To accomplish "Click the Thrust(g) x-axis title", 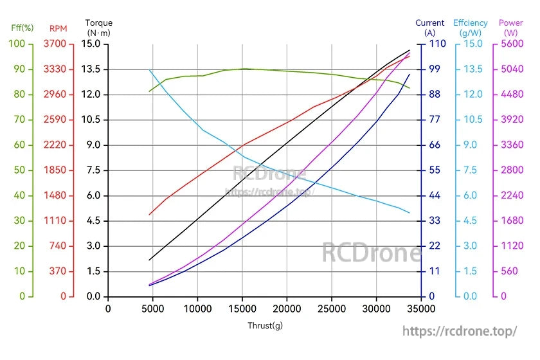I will (x=265, y=325).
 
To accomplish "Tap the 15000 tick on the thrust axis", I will (x=242, y=308).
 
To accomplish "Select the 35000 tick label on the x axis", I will (x=420, y=308).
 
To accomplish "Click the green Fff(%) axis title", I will (x=22, y=28).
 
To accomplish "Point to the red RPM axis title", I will (x=59, y=28).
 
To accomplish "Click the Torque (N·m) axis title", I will (x=99, y=28).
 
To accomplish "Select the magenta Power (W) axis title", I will (x=511, y=28).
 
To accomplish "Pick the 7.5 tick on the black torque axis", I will (x=93, y=170).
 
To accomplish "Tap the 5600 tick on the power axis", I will (x=509, y=44).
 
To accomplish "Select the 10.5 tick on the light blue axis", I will (x=473, y=120).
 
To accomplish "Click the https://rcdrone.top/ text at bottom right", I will (x=460, y=331).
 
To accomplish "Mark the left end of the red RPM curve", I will (x=149, y=215).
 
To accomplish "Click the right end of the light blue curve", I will (x=410, y=213).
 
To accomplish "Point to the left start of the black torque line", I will (x=149, y=260).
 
